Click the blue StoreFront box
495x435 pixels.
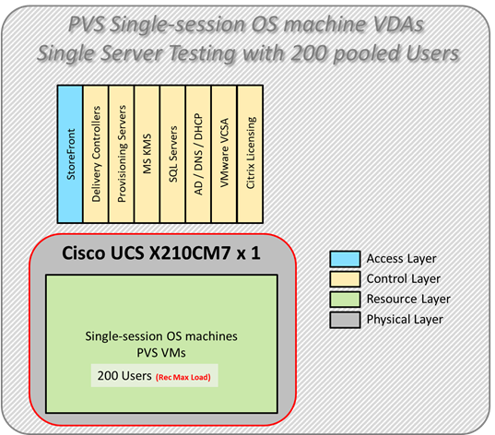click(70, 153)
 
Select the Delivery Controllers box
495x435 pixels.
click(96, 153)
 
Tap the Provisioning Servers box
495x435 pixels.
click(122, 153)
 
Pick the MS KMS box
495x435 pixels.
click(147, 153)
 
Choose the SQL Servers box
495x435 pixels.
click(173, 153)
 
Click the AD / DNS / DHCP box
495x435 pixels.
click(199, 153)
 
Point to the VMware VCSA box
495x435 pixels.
click(225, 153)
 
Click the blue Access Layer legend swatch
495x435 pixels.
click(342, 259)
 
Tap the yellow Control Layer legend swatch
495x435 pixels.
click(342, 278)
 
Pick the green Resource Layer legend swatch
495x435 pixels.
click(342, 299)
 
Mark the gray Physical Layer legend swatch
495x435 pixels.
click(342, 319)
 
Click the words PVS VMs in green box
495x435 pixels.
click(161, 351)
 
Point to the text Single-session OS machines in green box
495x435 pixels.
click(161, 335)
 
